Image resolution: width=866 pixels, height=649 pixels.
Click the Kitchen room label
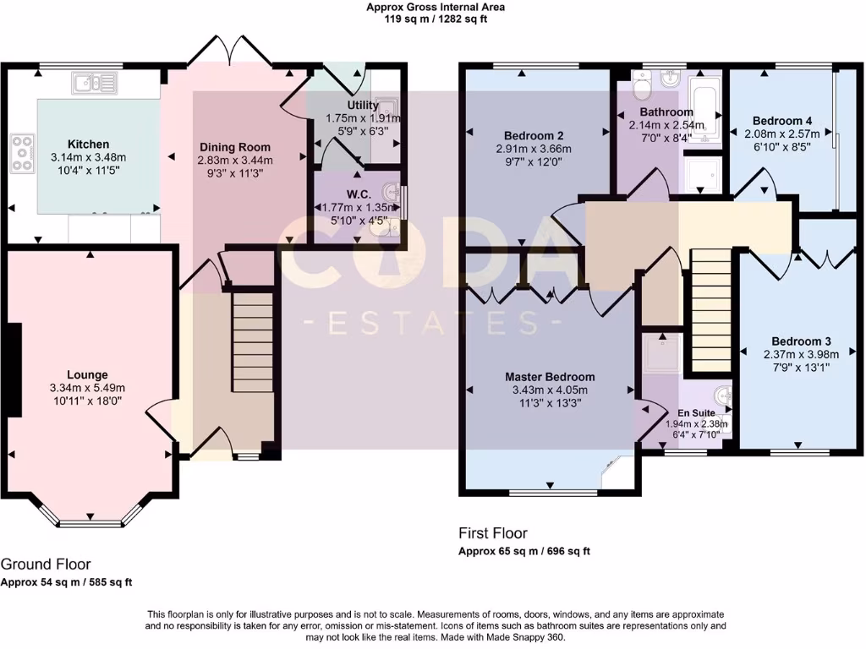click(88, 145)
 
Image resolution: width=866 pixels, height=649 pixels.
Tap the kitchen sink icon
click(95, 83)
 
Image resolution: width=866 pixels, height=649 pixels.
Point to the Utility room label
click(338, 106)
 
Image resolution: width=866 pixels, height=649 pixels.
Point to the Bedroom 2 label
click(534, 136)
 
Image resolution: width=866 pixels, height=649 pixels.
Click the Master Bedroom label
click(550, 377)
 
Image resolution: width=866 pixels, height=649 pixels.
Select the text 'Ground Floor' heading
click(46, 564)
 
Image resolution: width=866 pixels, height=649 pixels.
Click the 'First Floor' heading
click(493, 533)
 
